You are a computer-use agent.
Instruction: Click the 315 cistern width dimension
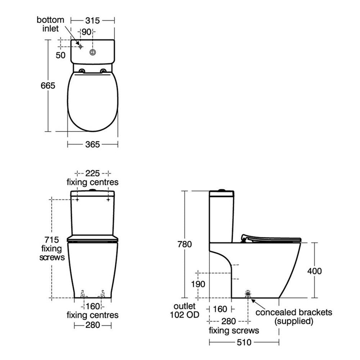[x=93, y=21]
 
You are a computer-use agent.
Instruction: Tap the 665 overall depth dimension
[x=48, y=86]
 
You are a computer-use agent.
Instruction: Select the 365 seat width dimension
[x=93, y=144]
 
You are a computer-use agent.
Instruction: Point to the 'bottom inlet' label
[x=50, y=24]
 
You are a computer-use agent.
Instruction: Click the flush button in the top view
[x=93, y=52]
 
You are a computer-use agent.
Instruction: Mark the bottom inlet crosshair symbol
[x=80, y=46]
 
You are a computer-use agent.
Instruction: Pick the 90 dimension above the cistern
[x=86, y=32]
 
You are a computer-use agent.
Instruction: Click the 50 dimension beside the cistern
[x=60, y=55]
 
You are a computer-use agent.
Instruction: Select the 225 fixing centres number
[x=93, y=174]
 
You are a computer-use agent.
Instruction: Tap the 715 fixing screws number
[x=51, y=240]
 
